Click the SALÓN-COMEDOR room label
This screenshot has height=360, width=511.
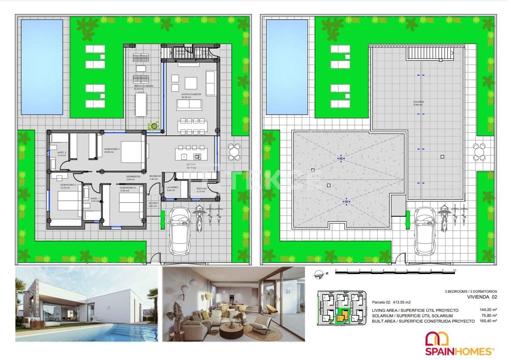[x=191, y=95]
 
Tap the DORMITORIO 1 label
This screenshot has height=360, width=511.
[x=112, y=150]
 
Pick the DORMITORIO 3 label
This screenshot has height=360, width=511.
[x=127, y=189]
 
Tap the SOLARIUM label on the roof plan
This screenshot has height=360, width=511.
[x=418, y=103]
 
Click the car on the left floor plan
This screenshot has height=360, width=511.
[x=180, y=230]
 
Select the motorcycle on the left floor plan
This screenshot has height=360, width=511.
[x=199, y=217]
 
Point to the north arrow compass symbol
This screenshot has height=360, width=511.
[x=319, y=273]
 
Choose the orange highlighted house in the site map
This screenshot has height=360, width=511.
[x=341, y=318]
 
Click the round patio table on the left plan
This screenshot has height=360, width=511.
[x=234, y=152]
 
